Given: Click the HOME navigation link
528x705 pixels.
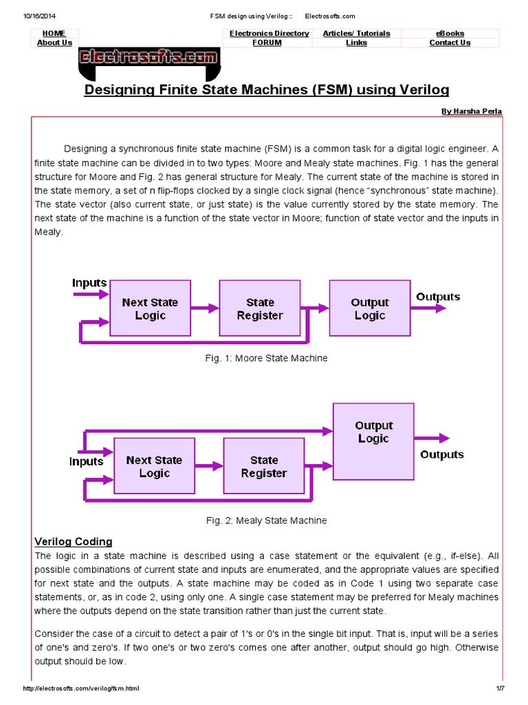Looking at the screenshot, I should (54, 33).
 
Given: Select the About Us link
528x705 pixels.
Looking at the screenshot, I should (54, 43).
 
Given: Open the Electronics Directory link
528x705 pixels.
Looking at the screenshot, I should (269, 33).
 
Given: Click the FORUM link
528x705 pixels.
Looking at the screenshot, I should (267, 43).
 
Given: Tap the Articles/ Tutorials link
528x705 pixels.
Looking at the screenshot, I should (356, 33).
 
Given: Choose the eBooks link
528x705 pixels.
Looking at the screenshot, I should (450, 33).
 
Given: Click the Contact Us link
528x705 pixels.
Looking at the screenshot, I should (450, 43).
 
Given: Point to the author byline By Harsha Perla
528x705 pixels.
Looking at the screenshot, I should (471, 111).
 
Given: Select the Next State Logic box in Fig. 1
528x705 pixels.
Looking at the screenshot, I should (150, 308).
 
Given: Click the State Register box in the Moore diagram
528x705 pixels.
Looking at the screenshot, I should (260, 308).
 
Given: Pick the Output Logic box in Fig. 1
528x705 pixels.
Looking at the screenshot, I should (370, 308).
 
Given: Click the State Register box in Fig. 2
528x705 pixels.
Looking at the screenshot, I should (264, 466).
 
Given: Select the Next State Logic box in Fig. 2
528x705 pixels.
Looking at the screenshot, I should (154, 466).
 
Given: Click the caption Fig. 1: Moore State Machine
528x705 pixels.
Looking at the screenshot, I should (267, 358).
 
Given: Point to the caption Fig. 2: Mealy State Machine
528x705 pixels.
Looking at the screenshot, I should (267, 520).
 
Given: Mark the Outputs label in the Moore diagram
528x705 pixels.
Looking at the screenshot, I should (438, 297).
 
